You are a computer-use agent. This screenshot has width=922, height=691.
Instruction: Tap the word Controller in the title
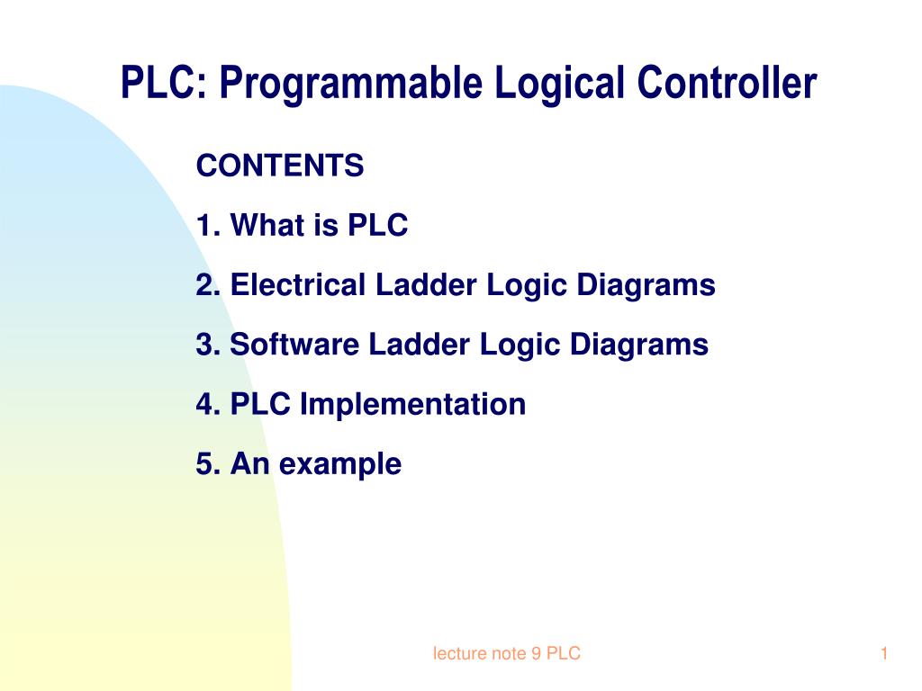coord(727,85)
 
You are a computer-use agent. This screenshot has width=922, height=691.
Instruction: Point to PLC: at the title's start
coord(165,85)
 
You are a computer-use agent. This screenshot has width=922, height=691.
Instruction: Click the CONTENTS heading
coord(280,166)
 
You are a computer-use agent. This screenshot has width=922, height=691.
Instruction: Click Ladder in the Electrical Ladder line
coord(428,285)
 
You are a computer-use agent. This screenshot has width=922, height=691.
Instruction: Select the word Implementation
coord(412,404)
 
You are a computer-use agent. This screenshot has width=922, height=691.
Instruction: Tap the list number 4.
coord(203,404)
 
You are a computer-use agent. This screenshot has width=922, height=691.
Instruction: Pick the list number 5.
coord(203,464)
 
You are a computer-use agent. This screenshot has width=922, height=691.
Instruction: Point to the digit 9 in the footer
coord(536,654)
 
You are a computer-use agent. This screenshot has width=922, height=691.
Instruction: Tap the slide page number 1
coord(884,654)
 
